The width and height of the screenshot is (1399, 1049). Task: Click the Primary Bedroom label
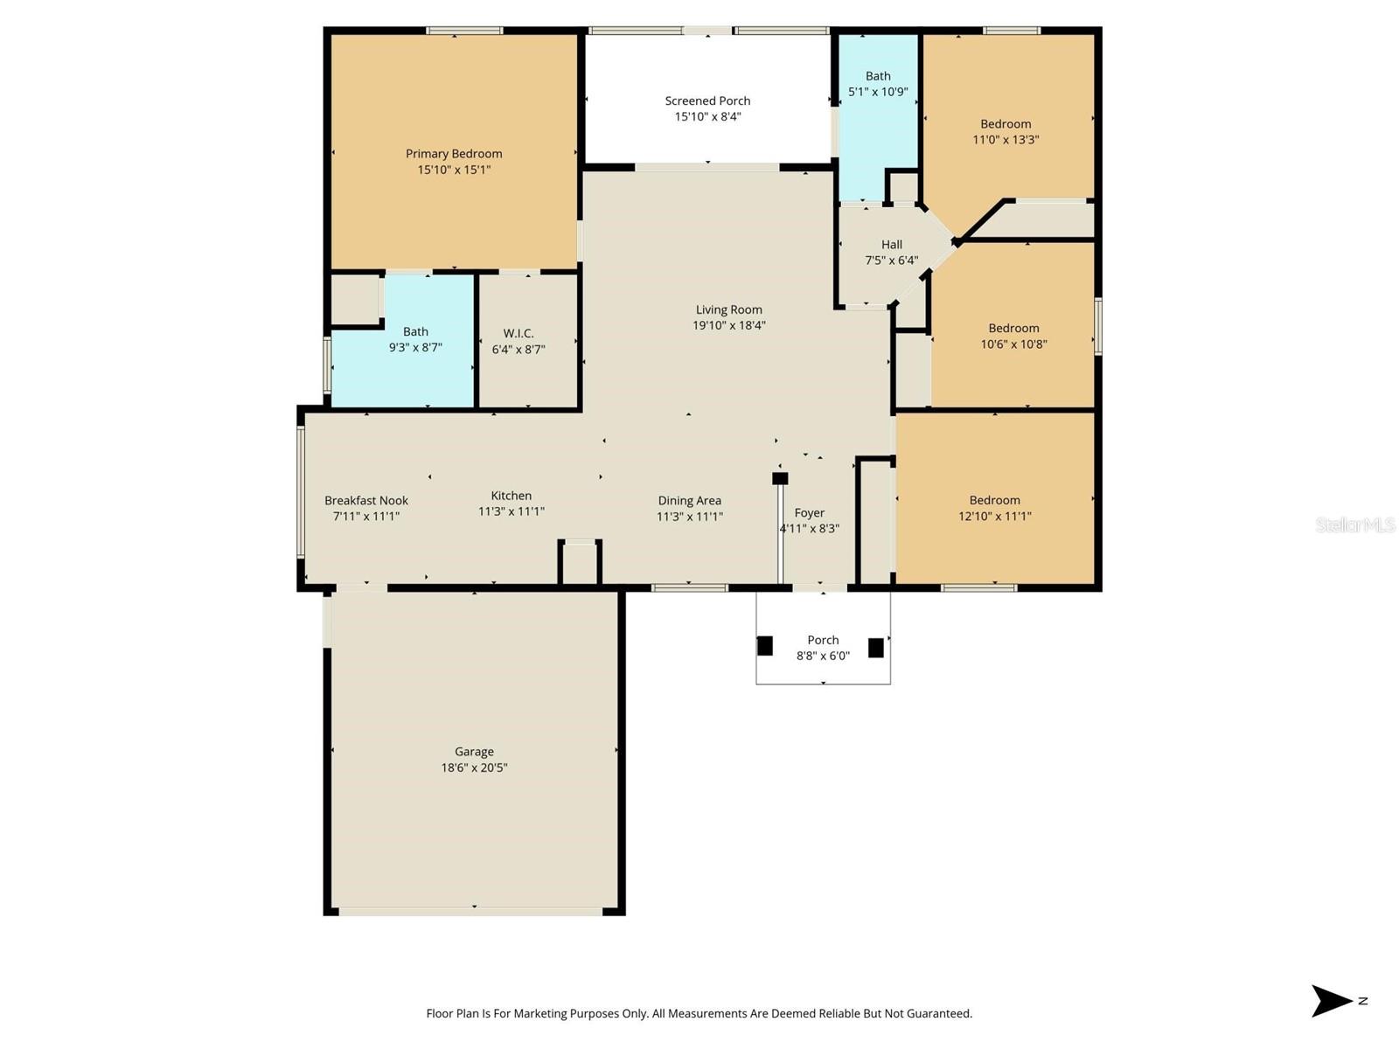pos(453,154)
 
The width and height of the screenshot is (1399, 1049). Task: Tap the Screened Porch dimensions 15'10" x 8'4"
pos(707,116)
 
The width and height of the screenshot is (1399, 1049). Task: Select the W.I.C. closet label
pos(519,333)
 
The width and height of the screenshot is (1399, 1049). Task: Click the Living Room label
pos(728,309)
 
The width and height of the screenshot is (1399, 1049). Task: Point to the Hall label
pos(891,245)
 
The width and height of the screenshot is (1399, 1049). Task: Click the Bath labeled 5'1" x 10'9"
pos(878,84)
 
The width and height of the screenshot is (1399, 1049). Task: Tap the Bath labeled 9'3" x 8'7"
pos(415,339)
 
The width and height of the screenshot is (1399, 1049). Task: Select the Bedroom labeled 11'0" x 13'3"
pos(1006,131)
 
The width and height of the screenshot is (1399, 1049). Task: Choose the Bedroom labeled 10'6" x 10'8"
pos(1013,336)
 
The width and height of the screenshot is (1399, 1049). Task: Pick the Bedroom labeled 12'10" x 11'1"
pos(994,508)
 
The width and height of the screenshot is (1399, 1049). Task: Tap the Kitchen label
pos(511,496)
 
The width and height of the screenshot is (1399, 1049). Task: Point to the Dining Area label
pos(689,501)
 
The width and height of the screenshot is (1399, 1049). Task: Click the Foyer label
pos(809,513)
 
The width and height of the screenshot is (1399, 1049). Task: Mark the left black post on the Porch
pos(765,646)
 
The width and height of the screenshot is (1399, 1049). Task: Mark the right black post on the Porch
pos(875,648)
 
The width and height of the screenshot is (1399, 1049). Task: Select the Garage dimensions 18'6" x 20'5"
pos(474,768)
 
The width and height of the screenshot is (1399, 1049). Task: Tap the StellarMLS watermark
pos(1354,524)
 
